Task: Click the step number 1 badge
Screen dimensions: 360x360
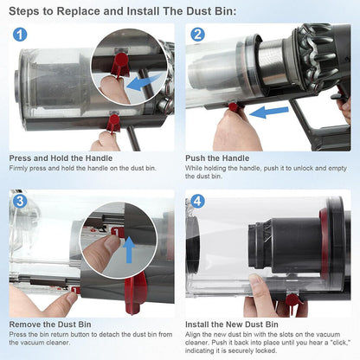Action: pyautogui.click(x=20, y=35)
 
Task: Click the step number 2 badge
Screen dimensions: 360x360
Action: pyautogui.click(x=197, y=35)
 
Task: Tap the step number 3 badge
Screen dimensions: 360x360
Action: pyautogui.click(x=20, y=202)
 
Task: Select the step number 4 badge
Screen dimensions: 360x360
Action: pyautogui.click(x=197, y=202)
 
